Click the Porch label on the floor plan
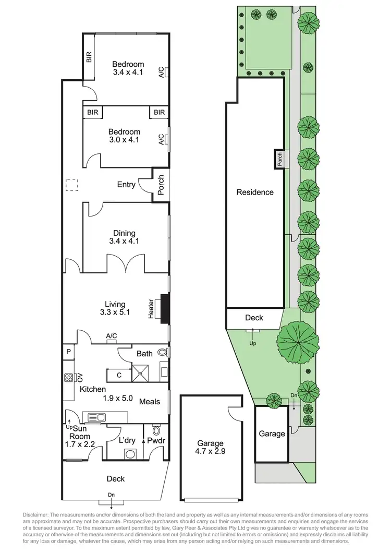(161, 185)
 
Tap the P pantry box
(68, 353)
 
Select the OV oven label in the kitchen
(80, 377)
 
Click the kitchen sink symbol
(94, 416)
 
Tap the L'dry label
(127, 440)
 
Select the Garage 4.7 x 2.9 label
(210, 448)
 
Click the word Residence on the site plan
(255, 192)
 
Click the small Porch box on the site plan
(279, 158)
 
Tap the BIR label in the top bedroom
(89, 57)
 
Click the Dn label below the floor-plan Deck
(112, 495)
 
